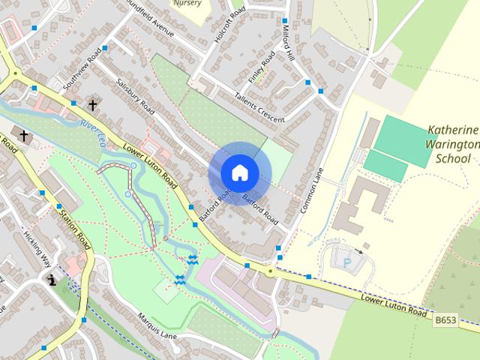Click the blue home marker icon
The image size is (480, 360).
pos(239,173)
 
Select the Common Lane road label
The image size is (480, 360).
pos(311,190)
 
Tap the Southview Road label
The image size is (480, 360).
pos(82,70)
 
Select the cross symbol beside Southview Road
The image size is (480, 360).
pos(93,106)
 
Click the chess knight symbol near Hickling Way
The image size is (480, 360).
pos(51,280)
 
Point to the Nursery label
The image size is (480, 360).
pos(187,4)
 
